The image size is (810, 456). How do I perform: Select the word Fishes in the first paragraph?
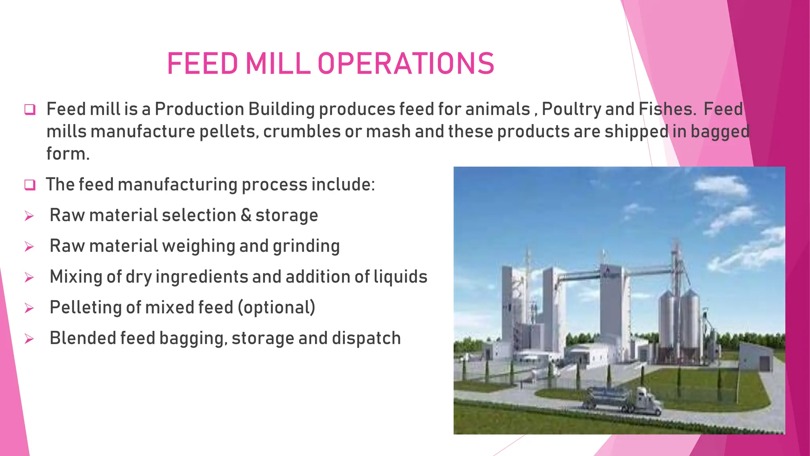pyautogui.click(x=668, y=109)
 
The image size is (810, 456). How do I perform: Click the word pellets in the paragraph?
pyautogui.click(x=229, y=131)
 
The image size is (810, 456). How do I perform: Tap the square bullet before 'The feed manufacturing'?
pyautogui.click(x=30, y=185)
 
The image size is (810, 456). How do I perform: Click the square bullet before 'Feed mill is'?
pyautogui.click(x=30, y=110)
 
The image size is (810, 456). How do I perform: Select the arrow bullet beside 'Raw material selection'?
pyautogui.click(x=29, y=216)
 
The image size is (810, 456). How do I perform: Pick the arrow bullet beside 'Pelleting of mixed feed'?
pyautogui.click(x=29, y=308)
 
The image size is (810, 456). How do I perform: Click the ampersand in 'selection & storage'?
pyautogui.click(x=246, y=215)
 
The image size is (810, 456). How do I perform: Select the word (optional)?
pyautogui.click(x=276, y=308)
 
